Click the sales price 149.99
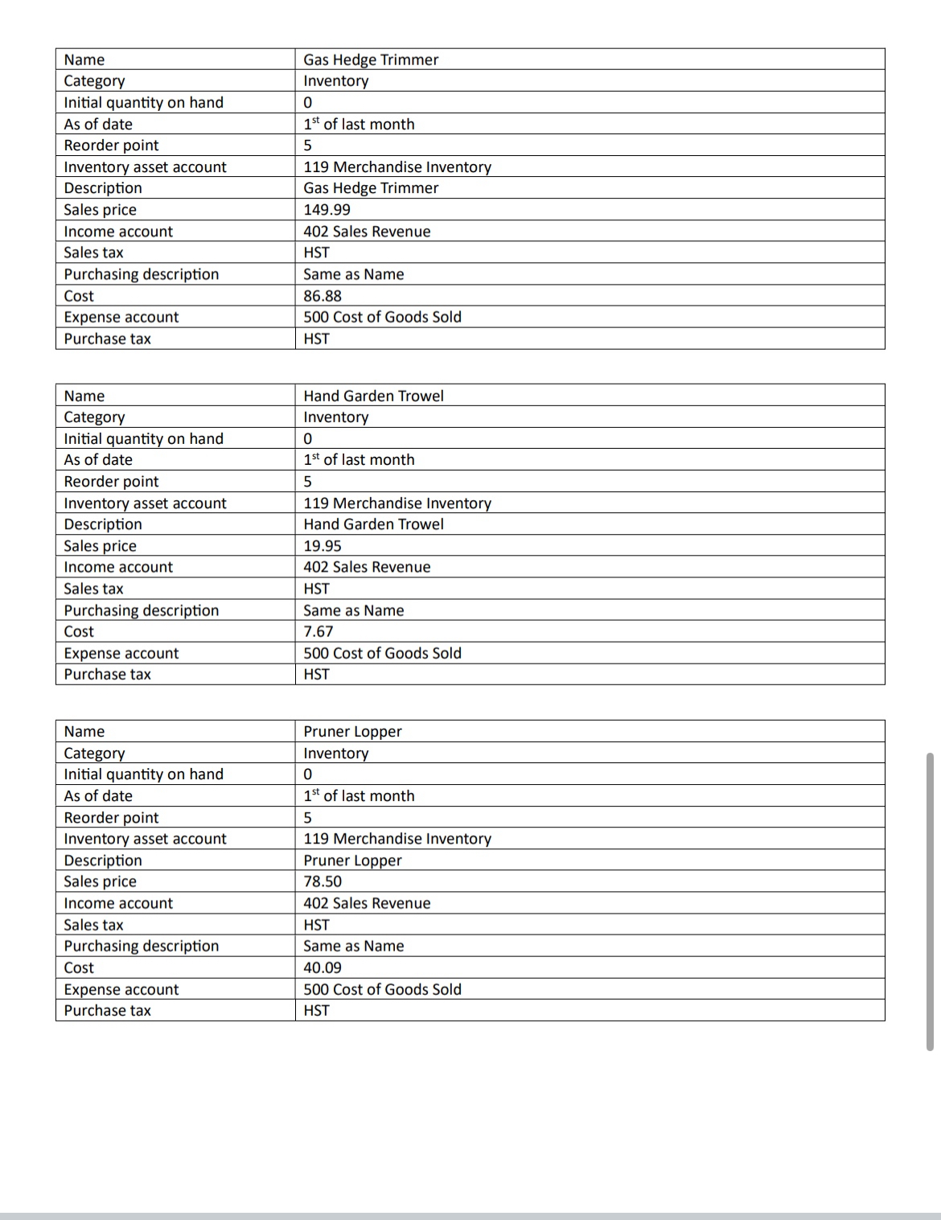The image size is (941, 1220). [x=327, y=210]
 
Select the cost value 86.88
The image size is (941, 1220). [x=323, y=296]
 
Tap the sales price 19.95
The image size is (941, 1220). [x=323, y=546]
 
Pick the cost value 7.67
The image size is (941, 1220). [x=318, y=632]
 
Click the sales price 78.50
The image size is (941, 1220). [x=323, y=881]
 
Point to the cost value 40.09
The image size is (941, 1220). [x=323, y=967]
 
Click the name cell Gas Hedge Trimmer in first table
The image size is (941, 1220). [x=371, y=60]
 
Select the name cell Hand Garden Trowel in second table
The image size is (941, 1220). [x=373, y=396]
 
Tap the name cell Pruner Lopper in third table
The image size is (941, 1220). [x=352, y=732]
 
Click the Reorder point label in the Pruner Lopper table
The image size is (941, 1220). [x=112, y=818]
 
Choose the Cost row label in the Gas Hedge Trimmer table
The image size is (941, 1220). [x=79, y=296]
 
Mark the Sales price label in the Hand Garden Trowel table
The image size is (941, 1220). [x=101, y=546]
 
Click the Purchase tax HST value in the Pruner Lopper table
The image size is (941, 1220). [x=316, y=1011]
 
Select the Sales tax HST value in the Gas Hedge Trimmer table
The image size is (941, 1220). [x=316, y=253]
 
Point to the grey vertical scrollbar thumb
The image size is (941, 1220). [x=930, y=901]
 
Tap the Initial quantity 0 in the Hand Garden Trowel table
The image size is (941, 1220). [x=308, y=439]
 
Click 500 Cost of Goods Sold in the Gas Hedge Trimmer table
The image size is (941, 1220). [x=382, y=317]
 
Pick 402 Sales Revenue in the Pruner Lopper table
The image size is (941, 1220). [x=367, y=903]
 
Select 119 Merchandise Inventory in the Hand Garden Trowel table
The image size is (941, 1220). [x=397, y=503]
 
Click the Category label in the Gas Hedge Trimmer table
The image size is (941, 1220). [x=94, y=81]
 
